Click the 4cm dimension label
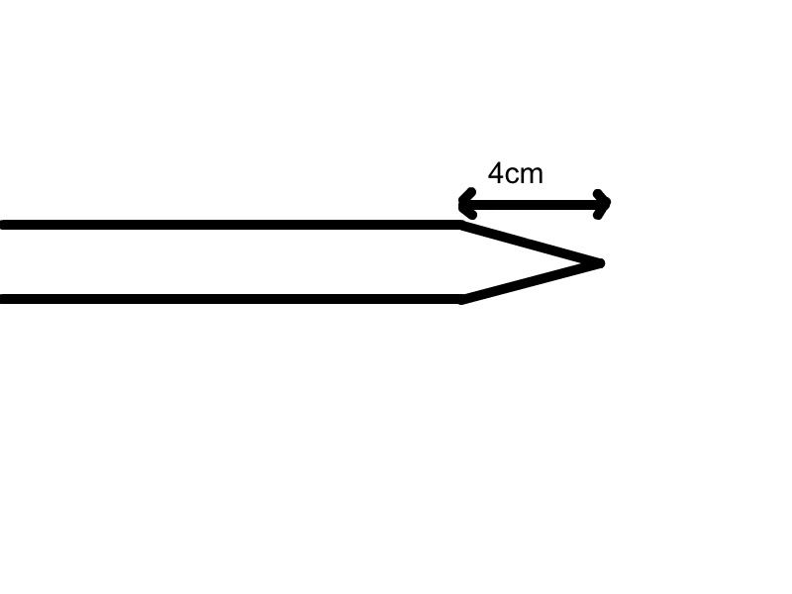click(515, 173)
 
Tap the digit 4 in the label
click(496, 173)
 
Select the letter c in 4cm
click(511, 176)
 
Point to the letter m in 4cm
click(532, 175)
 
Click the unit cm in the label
click(524, 176)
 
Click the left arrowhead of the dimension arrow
click(466, 204)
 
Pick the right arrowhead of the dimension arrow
click(602, 204)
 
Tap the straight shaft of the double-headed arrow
click(535, 205)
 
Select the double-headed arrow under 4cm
click(535, 205)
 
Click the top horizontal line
click(231, 225)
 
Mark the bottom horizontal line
click(231, 299)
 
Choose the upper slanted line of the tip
click(532, 244)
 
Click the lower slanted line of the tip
click(532, 281)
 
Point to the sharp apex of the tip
click(601, 263)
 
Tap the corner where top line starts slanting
click(461, 225)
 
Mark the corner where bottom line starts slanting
click(461, 300)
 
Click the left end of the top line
click(3, 225)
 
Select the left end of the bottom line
click(3, 299)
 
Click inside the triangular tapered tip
click(510, 262)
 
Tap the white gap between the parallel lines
click(231, 262)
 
